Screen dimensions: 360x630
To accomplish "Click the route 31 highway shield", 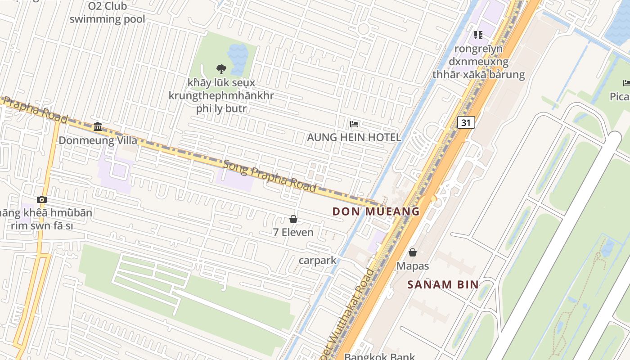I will [x=466, y=122].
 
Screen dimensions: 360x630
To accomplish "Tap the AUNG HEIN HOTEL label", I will [x=354, y=137].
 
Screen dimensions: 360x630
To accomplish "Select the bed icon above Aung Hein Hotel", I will [x=354, y=124].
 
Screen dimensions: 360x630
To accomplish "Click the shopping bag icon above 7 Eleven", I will [x=293, y=219].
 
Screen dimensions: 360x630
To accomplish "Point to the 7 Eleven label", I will [x=293, y=232].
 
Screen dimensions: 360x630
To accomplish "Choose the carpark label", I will [x=317, y=261].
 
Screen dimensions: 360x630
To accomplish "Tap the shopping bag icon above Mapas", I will [x=413, y=252].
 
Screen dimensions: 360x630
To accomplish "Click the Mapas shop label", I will [x=413, y=266].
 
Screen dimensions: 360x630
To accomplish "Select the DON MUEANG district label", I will [x=376, y=211].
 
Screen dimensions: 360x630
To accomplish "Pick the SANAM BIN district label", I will [x=443, y=284].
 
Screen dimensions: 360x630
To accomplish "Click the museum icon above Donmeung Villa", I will [x=98, y=126].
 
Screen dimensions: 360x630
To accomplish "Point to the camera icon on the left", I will [x=42, y=199].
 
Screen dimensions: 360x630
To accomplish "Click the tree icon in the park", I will [x=221, y=69].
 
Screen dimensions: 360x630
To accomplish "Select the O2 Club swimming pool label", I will [x=107, y=13].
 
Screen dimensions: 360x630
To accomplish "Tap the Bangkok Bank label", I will [x=379, y=357].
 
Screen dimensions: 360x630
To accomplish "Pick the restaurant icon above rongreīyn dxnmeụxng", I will [x=478, y=35].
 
